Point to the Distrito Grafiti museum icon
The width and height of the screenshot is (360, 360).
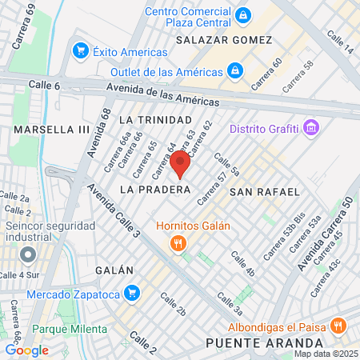pos(311,128)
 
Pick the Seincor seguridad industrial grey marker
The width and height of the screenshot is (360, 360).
pos(28,255)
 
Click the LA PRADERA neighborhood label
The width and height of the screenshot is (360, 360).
pos(155,190)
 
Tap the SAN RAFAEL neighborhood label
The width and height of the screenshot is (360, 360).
pos(264,192)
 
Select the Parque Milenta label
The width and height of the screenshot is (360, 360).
pos(69,329)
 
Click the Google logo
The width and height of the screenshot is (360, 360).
pos(26,350)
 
